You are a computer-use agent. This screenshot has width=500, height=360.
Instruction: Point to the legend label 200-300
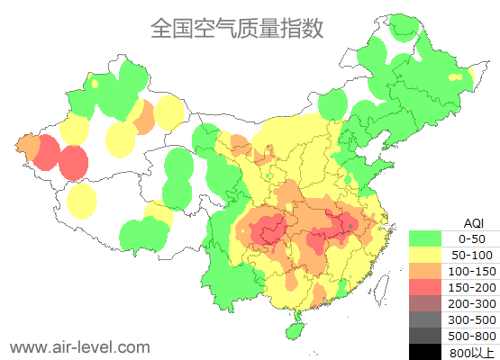(x=472, y=303)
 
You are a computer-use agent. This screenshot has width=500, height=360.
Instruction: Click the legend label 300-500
(x=472, y=319)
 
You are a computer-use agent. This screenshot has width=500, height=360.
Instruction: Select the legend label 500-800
(x=472, y=336)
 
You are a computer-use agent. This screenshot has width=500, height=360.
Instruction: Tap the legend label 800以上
(x=472, y=352)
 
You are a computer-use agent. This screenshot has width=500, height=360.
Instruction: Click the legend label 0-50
(x=472, y=238)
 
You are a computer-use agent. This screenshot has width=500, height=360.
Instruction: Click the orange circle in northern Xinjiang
(x=141, y=117)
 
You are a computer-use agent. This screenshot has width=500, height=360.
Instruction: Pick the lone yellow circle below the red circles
(x=82, y=202)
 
